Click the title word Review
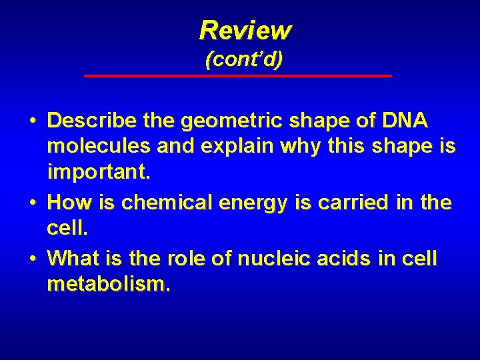click(245, 30)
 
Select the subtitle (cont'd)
click(244, 59)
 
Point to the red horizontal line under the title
click(238, 76)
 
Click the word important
click(100, 175)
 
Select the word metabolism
click(109, 285)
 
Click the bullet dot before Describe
click(33, 122)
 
